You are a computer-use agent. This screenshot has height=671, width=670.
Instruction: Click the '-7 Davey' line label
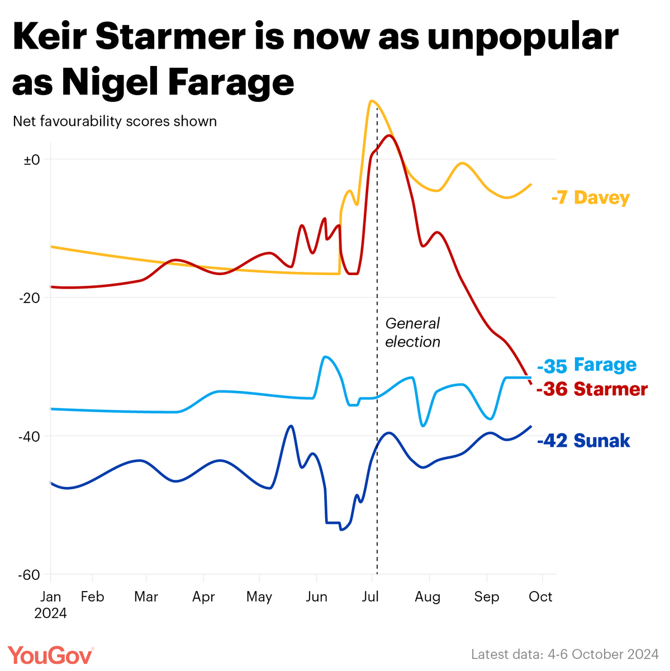[590, 198]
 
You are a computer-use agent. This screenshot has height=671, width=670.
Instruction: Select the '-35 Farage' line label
[587, 365]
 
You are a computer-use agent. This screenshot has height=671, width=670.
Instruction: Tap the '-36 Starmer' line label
[592, 389]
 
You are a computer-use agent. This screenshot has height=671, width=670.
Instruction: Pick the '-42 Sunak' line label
[583, 441]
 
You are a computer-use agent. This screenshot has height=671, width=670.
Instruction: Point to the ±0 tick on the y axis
[32, 159]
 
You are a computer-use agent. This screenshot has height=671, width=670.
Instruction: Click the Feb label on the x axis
[92, 597]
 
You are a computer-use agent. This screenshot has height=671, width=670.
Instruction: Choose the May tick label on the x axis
[259, 597]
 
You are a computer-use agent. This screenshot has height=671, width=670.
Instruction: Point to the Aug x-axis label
[427, 597]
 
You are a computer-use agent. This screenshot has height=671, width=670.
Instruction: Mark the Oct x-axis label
[540, 597]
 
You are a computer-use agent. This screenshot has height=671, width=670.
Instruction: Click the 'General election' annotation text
[413, 333]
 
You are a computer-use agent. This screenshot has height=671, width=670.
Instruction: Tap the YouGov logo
[51, 655]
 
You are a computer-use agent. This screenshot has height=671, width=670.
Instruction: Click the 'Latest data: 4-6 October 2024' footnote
[564, 654]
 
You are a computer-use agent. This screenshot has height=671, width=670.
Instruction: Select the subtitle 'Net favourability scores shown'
[115, 121]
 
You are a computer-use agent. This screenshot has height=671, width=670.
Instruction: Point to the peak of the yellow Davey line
[370, 101]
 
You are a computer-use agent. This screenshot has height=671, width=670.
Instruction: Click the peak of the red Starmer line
[389, 135]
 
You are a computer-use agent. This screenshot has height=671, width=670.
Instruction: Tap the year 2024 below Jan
[50, 613]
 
